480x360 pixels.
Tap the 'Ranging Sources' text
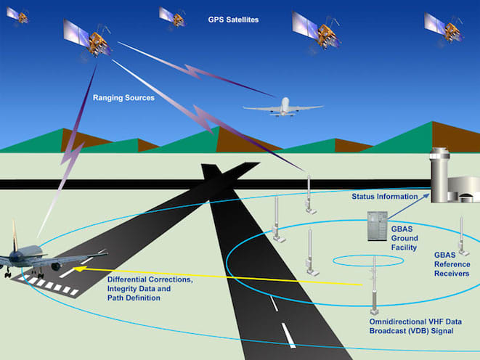[x=123, y=97]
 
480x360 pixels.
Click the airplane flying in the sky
[x=282, y=107]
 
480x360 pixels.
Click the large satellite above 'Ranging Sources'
[x=89, y=36]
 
